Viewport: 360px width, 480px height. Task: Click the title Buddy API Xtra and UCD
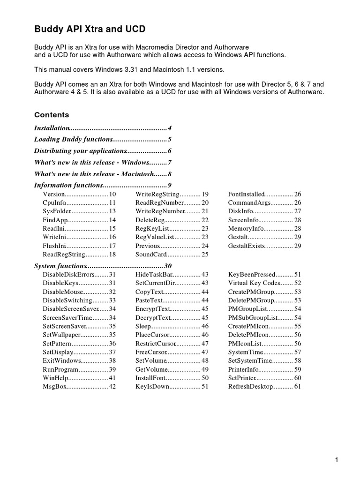(x=90, y=30)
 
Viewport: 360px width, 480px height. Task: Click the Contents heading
(x=52, y=115)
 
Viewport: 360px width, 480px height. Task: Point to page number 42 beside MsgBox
(x=112, y=387)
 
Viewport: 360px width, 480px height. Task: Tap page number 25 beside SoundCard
(x=205, y=255)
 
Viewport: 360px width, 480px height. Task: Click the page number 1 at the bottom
(x=337, y=460)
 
